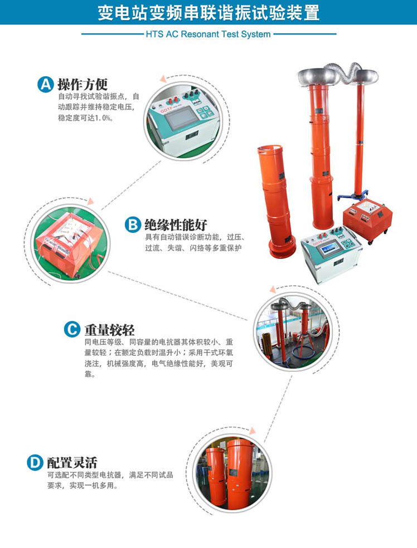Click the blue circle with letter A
(x=46, y=84)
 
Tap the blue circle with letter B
(x=133, y=224)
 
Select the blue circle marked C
(x=72, y=330)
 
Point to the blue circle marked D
(x=35, y=462)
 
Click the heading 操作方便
(x=83, y=84)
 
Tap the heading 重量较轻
(x=109, y=330)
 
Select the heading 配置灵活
(x=72, y=462)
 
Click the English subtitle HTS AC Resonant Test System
(x=208, y=35)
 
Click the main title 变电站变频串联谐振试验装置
(x=208, y=12)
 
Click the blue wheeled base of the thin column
(x=354, y=194)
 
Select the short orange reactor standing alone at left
(x=277, y=201)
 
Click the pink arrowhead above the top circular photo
(x=163, y=79)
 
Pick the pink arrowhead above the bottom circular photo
(x=252, y=430)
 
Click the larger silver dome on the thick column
(x=317, y=76)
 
